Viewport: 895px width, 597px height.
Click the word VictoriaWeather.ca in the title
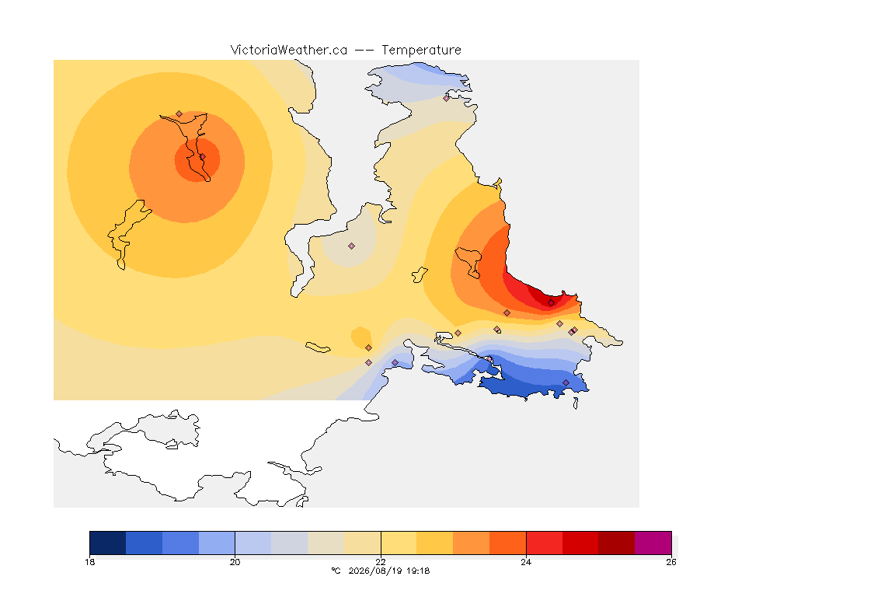pyautogui.click(x=289, y=51)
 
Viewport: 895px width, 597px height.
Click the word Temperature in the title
pyautogui.click(x=421, y=51)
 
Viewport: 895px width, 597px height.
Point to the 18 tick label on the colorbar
pyautogui.click(x=89, y=562)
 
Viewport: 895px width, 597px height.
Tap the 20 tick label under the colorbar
pyautogui.click(x=235, y=562)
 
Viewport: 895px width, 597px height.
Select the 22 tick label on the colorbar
pyautogui.click(x=381, y=562)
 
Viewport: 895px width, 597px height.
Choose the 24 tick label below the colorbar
pyautogui.click(x=526, y=562)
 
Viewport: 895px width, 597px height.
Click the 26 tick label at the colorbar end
pyautogui.click(x=671, y=562)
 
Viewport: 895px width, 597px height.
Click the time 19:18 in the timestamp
pyautogui.click(x=418, y=571)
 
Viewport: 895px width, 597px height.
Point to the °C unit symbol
pyautogui.click(x=336, y=571)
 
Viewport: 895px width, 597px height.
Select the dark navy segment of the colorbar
pyautogui.click(x=108, y=543)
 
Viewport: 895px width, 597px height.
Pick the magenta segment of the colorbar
pyautogui.click(x=653, y=543)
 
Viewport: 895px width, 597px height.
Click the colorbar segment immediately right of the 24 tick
pyautogui.click(x=544, y=543)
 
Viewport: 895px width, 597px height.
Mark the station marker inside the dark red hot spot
pyautogui.click(x=551, y=303)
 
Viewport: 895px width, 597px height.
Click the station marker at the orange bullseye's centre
pyautogui.click(x=202, y=156)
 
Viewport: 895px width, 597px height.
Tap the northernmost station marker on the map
pyautogui.click(x=447, y=98)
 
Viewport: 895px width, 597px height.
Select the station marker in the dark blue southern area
pyautogui.click(x=566, y=382)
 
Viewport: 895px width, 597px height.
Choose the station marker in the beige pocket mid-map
pyautogui.click(x=352, y=246)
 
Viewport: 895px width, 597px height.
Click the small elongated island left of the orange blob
pyautogui.click(x=318, y=347)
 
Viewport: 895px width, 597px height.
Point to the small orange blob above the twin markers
pyautogui.click(x=361, y=337)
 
